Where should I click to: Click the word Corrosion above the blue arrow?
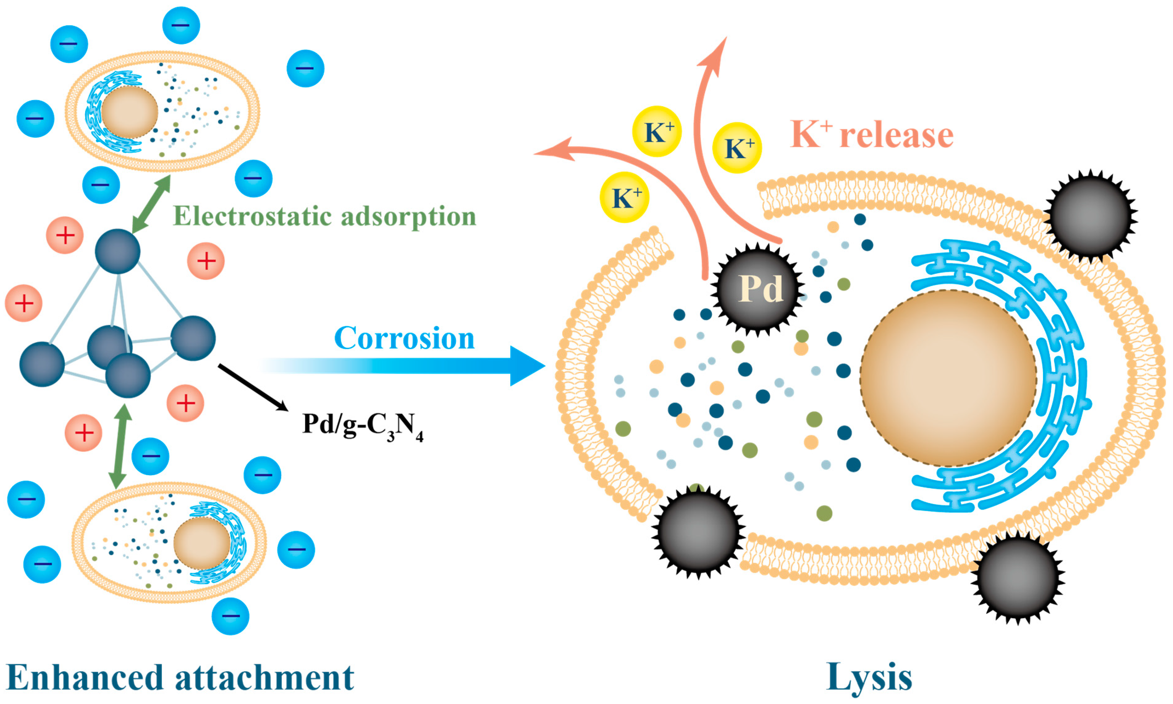click(404, 338)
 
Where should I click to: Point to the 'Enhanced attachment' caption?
click(180, 677)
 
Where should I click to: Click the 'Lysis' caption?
click(869, 677)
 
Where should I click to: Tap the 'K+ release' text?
click(871, 135)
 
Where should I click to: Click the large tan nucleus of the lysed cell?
click(948, 378)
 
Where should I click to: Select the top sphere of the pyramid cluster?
click(118, 252)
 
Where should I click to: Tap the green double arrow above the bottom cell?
click(120, 446)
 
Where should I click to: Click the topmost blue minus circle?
click(181, 25)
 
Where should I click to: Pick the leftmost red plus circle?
click(24, 303)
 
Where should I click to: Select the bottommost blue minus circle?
click(230, 616)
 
